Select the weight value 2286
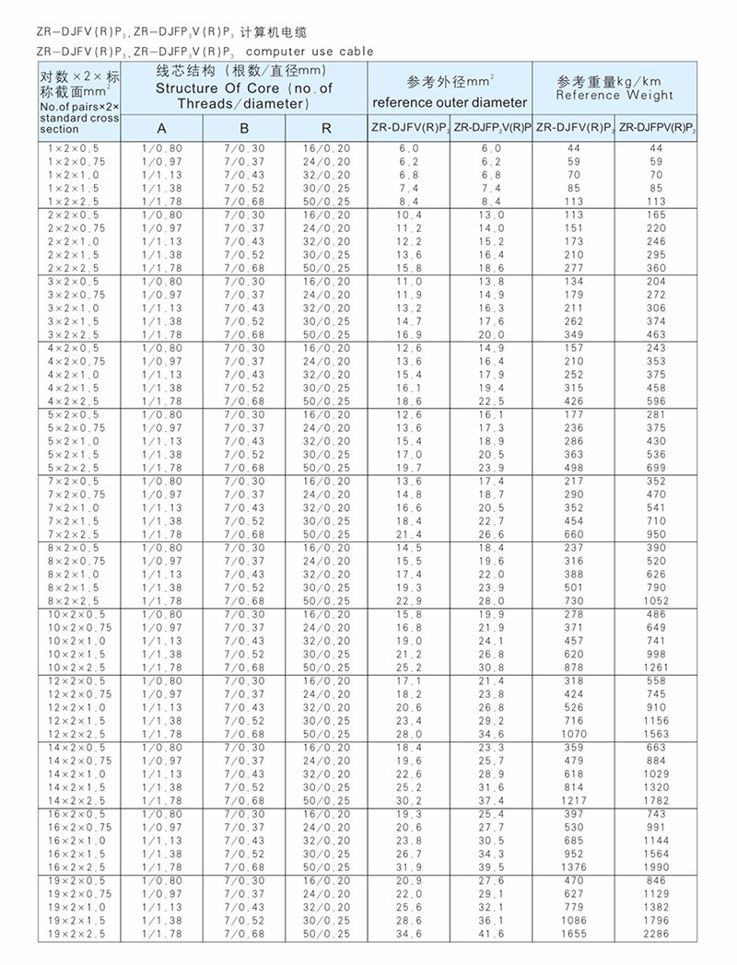(656, 934)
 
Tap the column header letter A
(161, 128)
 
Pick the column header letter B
(244, 128)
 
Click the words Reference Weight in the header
(614, 95)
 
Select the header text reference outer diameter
(450, 102)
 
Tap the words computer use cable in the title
(310, 52)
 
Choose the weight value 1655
(573, 934)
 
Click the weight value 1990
(656, 867)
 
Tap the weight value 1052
(656, 600)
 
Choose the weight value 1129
(656, 894)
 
